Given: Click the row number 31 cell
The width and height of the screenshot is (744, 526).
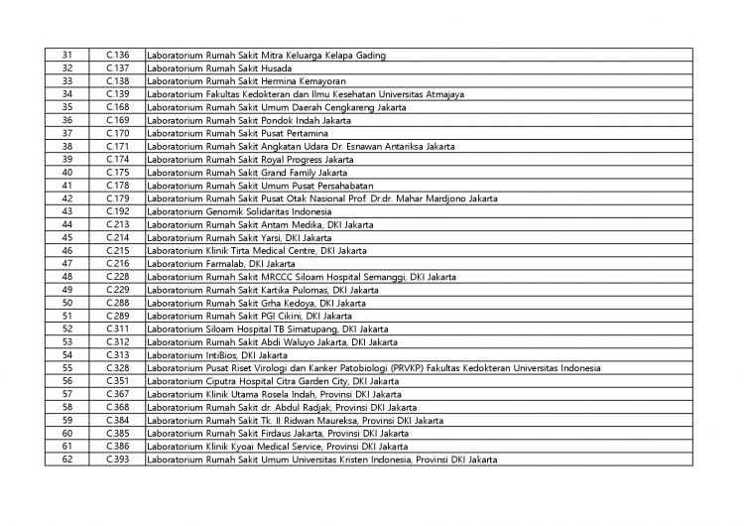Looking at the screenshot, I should click(x=67, y=56).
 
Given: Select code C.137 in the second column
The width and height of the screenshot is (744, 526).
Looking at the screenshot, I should click(x=118, y=68).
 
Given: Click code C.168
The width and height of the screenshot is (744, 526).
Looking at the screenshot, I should click(x=118, y=107).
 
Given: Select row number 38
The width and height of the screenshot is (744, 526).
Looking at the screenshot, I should click(x=67, y=146).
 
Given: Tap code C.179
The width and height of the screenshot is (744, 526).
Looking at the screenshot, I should click(x=118, y=198).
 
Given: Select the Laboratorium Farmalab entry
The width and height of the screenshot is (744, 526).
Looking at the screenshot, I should click(x=220, y=264).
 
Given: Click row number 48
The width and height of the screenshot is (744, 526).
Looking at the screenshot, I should click(x=67, y=277).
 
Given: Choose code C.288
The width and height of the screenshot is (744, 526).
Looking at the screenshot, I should click(x=118, y=303).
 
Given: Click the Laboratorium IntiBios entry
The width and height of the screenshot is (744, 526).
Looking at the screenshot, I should click(x=216, y=355).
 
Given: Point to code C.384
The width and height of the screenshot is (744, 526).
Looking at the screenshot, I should click(x=118, y=420).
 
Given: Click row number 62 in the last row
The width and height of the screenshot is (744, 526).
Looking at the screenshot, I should click(x=67, y=460).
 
